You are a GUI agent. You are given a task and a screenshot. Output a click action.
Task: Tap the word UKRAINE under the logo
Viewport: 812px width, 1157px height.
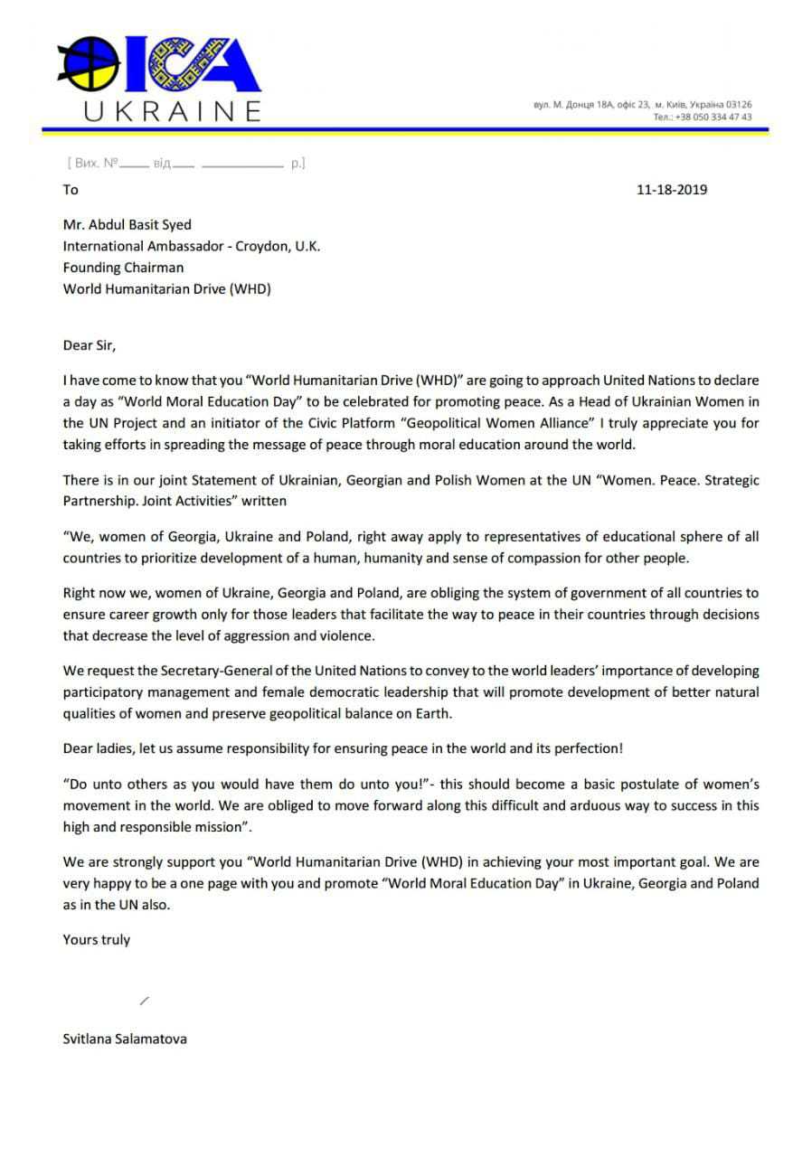(x=172, y=111)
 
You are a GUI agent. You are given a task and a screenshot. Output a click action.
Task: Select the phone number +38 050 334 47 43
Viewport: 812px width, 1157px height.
(x=714, y=117)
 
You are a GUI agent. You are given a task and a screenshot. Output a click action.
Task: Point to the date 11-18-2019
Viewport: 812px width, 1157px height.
(x=672, y=190)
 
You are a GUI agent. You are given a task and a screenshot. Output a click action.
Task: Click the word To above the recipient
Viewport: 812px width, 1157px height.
(x=71, y=190)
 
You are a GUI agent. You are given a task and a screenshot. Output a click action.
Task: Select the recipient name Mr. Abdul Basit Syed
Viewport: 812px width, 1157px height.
(x=127, y=224)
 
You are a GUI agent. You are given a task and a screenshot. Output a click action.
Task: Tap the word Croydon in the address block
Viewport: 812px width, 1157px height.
(x=260, y=246)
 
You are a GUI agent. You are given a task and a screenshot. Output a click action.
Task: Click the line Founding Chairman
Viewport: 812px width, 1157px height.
(x=123, y=268)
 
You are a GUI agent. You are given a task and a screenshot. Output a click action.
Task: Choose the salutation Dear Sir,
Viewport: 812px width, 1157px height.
(x=90, y=345)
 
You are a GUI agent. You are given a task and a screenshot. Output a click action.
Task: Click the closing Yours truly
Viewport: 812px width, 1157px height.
(x=96, y=939)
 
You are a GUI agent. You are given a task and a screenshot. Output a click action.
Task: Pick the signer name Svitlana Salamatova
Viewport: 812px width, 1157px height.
(x=125, y=1039)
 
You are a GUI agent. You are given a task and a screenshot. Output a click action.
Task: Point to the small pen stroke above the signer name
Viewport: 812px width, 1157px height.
(x=145, y=1000)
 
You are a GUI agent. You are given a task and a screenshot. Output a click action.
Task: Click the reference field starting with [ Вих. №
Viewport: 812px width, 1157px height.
(x=185, y=164)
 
